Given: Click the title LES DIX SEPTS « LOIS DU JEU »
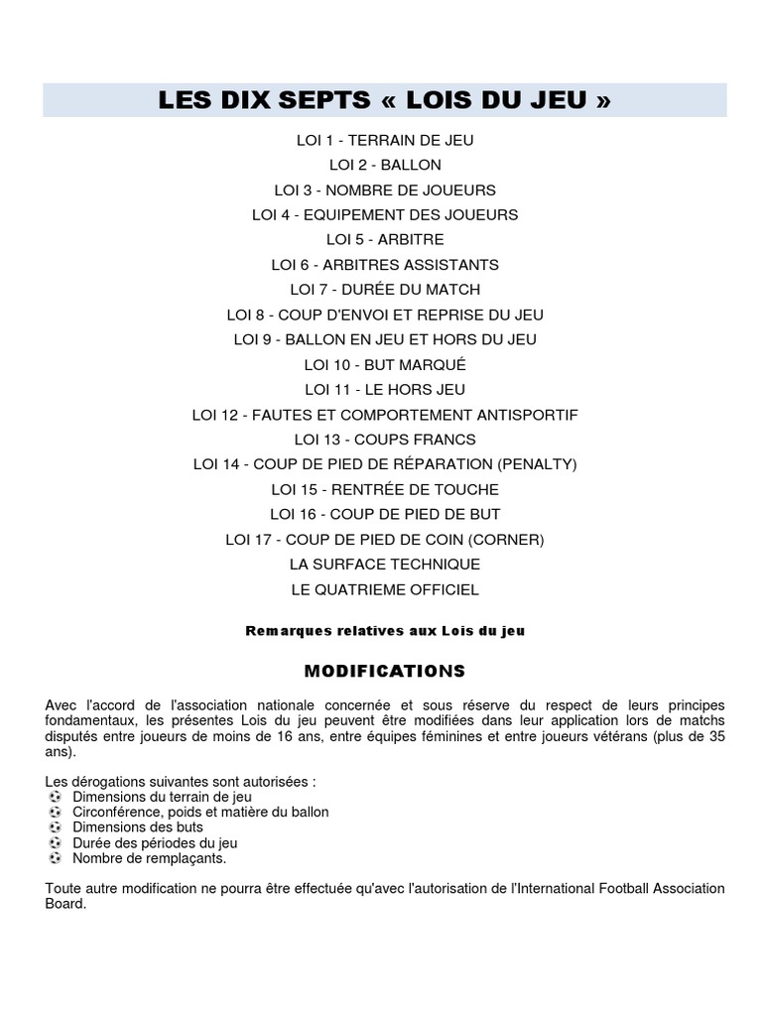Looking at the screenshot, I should pyautogui.click(x=385, y=101).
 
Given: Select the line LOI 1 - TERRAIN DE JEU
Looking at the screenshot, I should pyautogui.click(x=385, y=140).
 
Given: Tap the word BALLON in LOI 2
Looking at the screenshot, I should pyautogui.click(x=411, y=165).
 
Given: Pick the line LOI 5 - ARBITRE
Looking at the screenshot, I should pyautogui.click(x=385, y=239).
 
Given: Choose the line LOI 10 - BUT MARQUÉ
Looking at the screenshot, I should pyautogui.click(x=385, y=364).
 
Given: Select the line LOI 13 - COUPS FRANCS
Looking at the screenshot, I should pyautogui.click(x=385, y=440).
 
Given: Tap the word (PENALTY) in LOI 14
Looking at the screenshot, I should pyautogui.click(x=537, y=464).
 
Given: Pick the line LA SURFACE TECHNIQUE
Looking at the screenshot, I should pyautogui.click(x=385, y=565).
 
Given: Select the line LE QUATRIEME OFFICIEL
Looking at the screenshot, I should pyautogui.click(x=385, y=589).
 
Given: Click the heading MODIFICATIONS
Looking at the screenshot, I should pyautogui.click(x=385, y=672).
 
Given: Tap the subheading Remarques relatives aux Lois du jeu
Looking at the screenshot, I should pyautogui.click(x=385, y=631).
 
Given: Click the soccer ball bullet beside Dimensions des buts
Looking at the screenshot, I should pyautogui.click(x=54, y=827).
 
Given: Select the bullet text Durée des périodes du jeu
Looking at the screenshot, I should pyautogui.click(x=155, y=843).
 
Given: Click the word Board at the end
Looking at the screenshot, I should pyautogui.click(x=65, y=904).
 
